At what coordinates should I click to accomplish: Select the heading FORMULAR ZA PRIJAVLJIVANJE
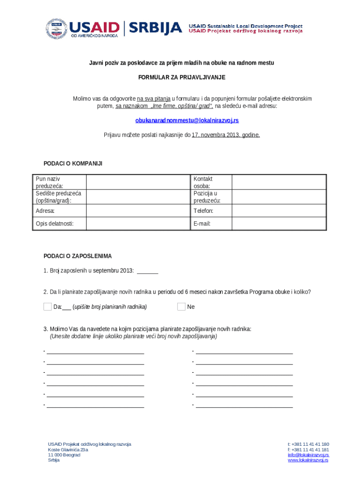click(181, 77)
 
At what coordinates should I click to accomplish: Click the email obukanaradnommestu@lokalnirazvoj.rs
click(187, 120)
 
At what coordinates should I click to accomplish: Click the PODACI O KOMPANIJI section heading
click(72, 163)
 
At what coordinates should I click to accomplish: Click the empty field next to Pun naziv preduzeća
click(138, 182)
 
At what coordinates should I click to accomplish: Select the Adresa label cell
click(59, 211)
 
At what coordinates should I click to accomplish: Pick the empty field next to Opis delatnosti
click(138, 224)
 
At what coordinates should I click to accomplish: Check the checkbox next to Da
click(47, 307)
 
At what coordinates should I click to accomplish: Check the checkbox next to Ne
click(181, 307)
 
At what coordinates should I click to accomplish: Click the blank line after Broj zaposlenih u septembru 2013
click(148, 271)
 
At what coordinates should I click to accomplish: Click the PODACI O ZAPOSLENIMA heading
click(78, 256)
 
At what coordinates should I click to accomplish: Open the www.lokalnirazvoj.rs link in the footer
click(308, 460)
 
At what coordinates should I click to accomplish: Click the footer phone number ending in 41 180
click(308, 444)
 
